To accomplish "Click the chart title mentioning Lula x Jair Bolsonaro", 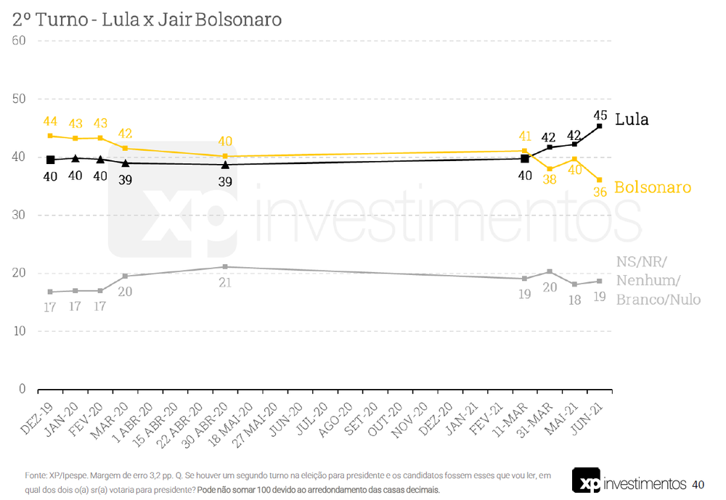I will [147, 20].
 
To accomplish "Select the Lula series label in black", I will [632, 120].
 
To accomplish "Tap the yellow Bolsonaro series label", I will [653, 187].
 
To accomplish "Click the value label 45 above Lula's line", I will [600, 115].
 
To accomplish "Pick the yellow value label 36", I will [599, 192].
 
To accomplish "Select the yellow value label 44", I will [50, 122].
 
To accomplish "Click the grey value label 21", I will [225, 282].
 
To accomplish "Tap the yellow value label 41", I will [524, 136].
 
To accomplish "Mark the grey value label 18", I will [574, 299].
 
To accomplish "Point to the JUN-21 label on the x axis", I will [593, 417].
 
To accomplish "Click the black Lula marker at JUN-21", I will [599, 126].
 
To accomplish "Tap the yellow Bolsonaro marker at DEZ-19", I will [50, 136].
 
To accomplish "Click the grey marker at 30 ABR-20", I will [225, 267].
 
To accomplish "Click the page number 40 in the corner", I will [698, 484].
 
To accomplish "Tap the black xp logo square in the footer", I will [586, 481].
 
